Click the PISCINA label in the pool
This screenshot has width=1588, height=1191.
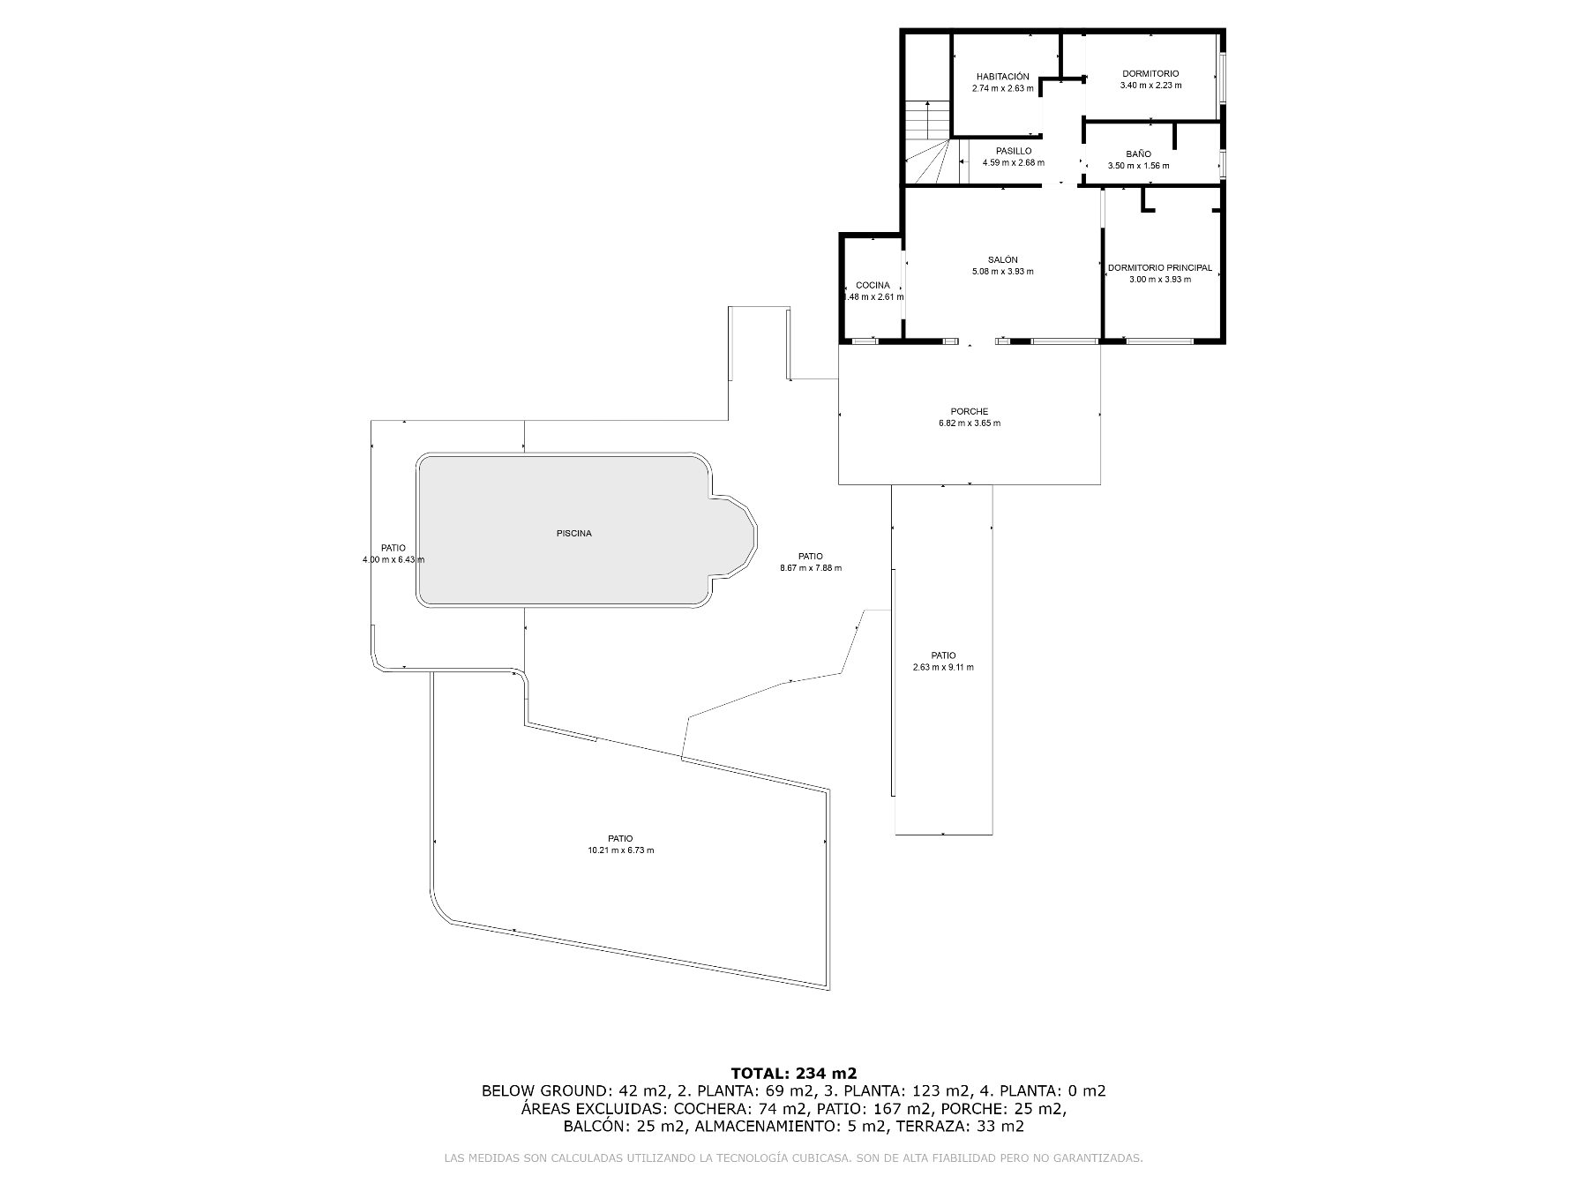pyautogui.click(x=573, y=534)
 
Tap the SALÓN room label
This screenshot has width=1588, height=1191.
pyautogui.click(x=1002, y=259)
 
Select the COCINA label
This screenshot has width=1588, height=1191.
pyautogui.click(x=873, y=285)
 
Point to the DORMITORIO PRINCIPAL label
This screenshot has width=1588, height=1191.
pyautogui.click(x=1159, y=267)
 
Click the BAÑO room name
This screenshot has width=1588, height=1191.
pyautogui.click(x=1138, y=154)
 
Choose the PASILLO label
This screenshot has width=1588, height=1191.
pyautogui.click(x=1014, y=151)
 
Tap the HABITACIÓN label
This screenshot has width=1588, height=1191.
pyautogui.click(x=1002, y=77)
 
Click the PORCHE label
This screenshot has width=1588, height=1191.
pyautogui.click(x=970, y=411)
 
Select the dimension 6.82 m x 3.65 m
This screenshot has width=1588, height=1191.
pyautogui.click(x=970, y=423)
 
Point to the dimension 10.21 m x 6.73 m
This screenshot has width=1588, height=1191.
pyautogui.click(x=620, y=850)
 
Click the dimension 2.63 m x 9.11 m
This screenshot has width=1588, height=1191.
pyautogui.click(x=943, y=667)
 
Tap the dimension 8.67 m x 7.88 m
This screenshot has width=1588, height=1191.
pyautogui.click(x=811, y=568)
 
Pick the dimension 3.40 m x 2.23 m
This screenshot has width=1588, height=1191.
pyautogui.click(x=1150, y=86)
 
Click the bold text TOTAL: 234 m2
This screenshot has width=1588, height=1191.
pyautogui.click(x=794, y=1074)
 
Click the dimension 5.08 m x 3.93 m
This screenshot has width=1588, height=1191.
pyautogui.click(x=1002, y=272)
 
